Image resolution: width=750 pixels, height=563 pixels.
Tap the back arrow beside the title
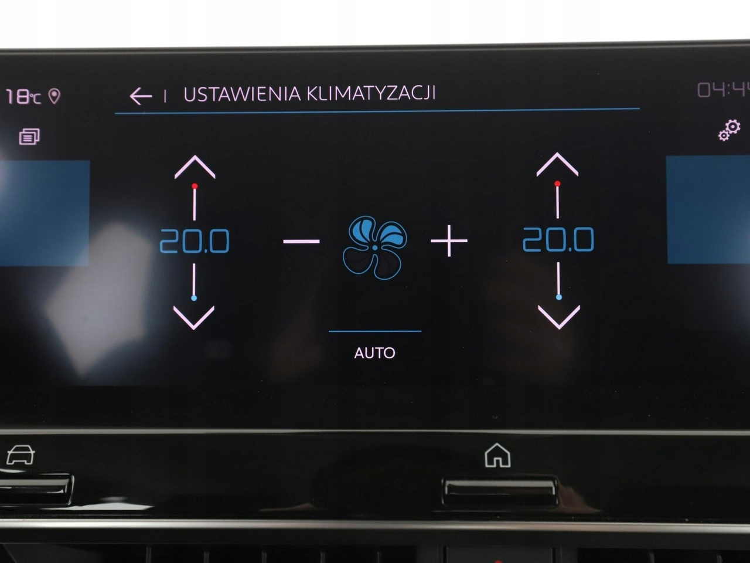click(141, 96)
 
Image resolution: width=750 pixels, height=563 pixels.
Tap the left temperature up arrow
click(195, 167)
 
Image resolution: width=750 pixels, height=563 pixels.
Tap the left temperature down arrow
click(194, 317)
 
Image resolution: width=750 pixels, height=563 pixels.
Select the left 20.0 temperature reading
click(195, 241)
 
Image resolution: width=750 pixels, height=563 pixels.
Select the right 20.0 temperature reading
click(558, 239)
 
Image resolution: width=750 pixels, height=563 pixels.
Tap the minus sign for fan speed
click(301, 241)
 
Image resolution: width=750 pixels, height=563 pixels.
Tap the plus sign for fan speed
click(449, 240)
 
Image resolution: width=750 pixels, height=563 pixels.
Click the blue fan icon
click(375, 247)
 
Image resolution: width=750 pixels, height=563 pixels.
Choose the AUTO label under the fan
click(374, 352)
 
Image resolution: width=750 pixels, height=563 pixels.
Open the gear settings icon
click(729, 130)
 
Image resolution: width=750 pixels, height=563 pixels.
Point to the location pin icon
click(54, 96)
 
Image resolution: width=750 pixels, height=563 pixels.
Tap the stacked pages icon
click(29, 137)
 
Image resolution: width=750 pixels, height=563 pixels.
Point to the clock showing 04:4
click(722, 90)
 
